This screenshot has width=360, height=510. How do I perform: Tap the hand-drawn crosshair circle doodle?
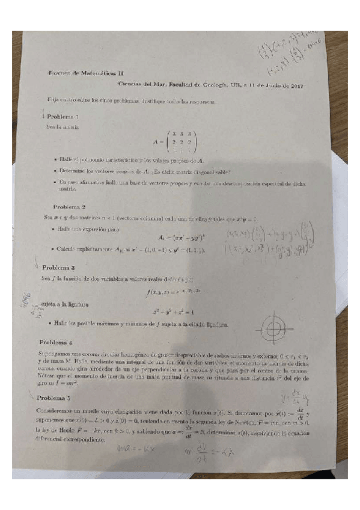click(x=273, y=328)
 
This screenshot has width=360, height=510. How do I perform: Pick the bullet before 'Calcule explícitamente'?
click(x=54, y=249)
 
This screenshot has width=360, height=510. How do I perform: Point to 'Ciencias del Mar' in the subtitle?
click(x=139, y=86)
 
